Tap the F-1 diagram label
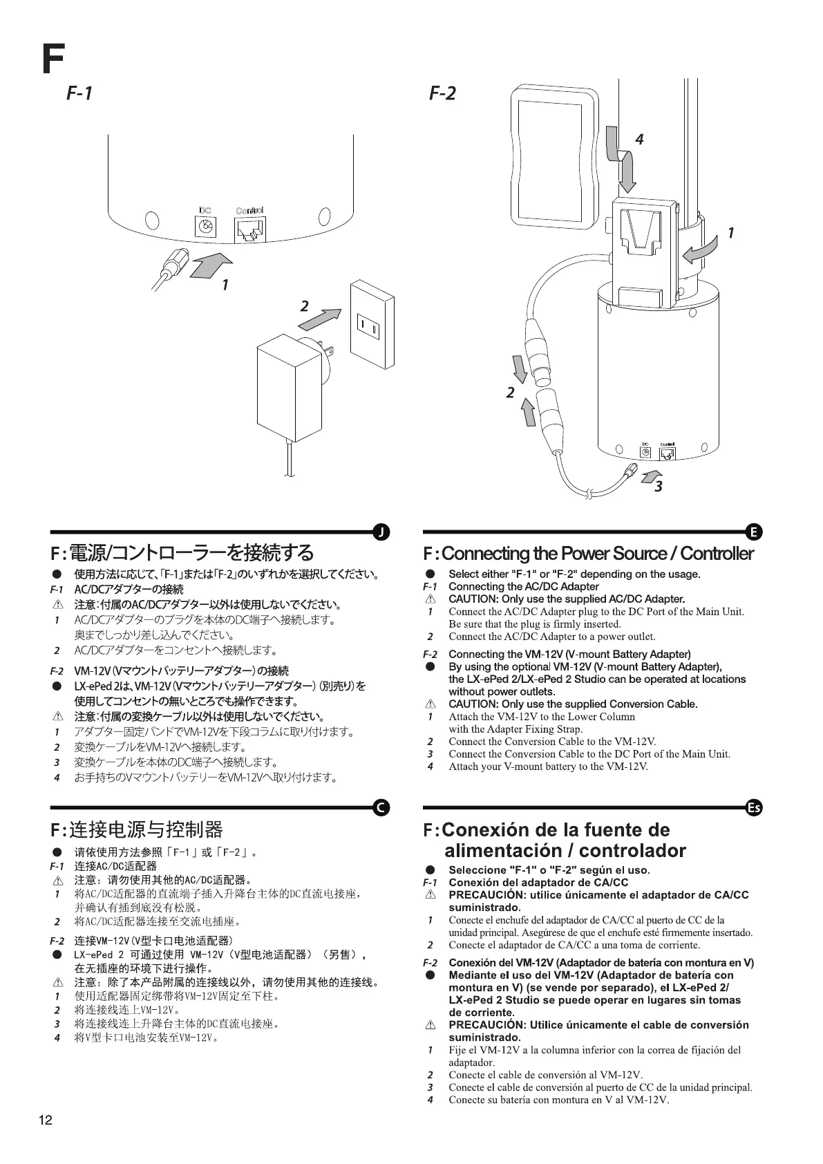pyautogui.click(x=79, y=93)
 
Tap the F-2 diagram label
pyautogui.click(x=442, y=93)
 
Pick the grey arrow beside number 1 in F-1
pyautogui.click(x=210, y=265)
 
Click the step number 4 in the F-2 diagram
pyautogui.click(x=639, y=140)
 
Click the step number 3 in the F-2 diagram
pyautogui.click(x=659, y=487)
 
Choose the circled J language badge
pyautogui.click(x=381, y=532)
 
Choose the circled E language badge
pyautogui.click(x=754, y=532)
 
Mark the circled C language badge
pyautogui.click(x=381, y=807)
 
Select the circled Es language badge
pyautogui.click(x=754, y=807)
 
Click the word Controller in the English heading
pyautogui.click(x=717, y=554)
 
